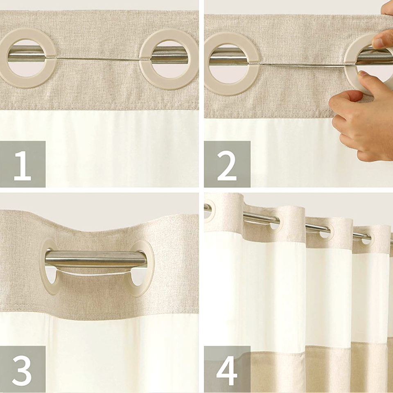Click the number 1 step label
tap(23, 165)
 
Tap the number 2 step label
tap(227, 165)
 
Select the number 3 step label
tap(22, 370)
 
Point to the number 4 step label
tap(227, 370)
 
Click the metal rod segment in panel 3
tap(95, 259)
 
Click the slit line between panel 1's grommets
tap(98, 59)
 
